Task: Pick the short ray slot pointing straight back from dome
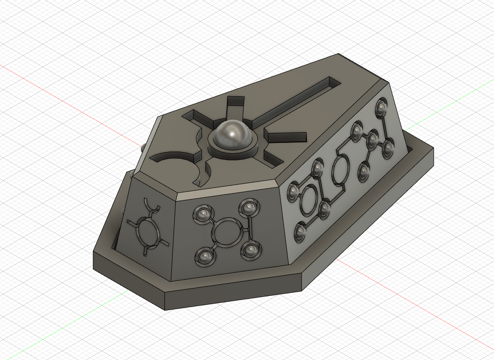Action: (235, 105)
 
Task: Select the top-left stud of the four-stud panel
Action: (204, 213)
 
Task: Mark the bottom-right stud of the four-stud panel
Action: (251, 250)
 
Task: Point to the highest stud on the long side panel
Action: (381, 107)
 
